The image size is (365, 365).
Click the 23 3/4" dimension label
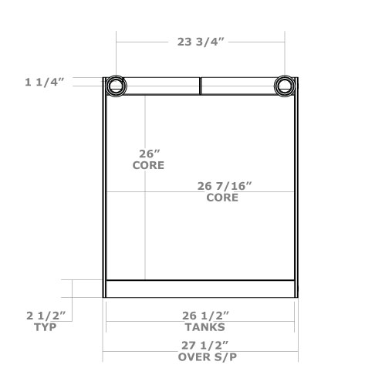click(x=201, y=43)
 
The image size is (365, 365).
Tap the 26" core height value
click(x=147, y=154)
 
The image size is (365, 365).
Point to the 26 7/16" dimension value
click(x=225, y=186)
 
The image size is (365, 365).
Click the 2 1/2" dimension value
click(x=45, y=316)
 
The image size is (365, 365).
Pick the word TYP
click(x=45, y=327)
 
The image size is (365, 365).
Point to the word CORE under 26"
click(x=148, y=165)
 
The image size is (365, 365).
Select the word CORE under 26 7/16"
click(x=222, y=198)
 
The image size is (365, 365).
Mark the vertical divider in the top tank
click(x=201, y=85)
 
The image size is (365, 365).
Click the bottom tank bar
click(x=200, y=289)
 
